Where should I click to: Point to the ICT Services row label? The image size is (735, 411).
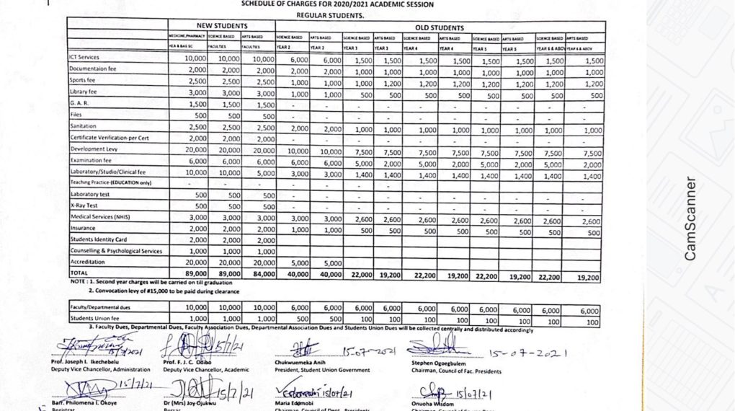pyautogui.click(x=84, y=57)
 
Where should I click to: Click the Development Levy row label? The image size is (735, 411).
pyautogui.click(x=94, y=149)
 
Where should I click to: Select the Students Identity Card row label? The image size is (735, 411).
pyautogui.click(x=99, y=239)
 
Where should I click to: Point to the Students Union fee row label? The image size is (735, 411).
pyautogui.click(x=95, y=318)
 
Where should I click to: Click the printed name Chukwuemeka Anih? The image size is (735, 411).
pyautogui.click(x=306, y=363)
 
